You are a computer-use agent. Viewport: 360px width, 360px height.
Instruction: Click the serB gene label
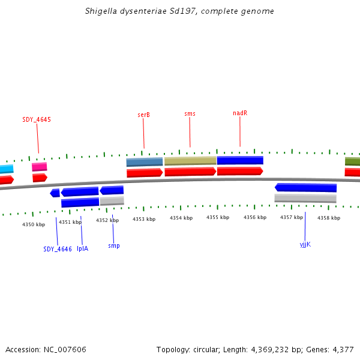143,115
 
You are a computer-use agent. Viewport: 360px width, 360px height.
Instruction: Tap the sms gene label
190,113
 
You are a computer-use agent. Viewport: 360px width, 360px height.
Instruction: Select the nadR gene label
240,113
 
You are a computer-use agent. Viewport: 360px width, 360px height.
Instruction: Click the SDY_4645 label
37,119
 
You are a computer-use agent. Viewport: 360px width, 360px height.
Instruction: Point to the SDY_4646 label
58,249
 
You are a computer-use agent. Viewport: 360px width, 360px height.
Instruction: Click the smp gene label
113,245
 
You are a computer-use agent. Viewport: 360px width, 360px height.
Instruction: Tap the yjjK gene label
305,244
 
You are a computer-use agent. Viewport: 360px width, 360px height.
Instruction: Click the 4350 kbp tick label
34,224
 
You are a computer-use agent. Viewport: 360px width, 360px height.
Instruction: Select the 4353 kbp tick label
144,219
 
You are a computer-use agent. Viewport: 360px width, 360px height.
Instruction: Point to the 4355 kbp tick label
218,217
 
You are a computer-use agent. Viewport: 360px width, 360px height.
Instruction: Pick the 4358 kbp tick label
328,218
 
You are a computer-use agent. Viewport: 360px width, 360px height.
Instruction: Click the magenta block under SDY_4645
39,167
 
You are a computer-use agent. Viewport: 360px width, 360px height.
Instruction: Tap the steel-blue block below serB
145,162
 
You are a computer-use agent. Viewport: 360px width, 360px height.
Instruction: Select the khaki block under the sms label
190,161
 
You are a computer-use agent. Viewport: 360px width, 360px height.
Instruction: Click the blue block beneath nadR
240,160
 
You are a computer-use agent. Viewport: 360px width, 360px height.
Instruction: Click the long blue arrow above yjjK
305,188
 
